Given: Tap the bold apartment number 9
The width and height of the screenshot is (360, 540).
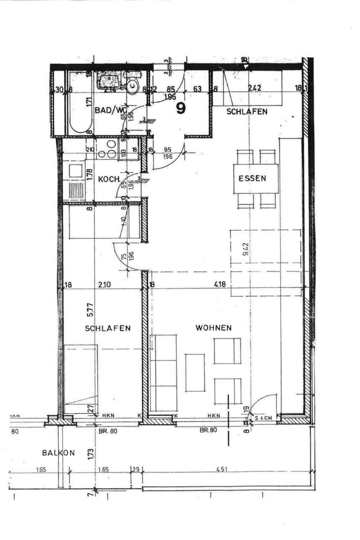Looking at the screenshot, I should tap(181, 109).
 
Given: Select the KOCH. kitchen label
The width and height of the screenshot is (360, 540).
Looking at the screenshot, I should tap(109, 179).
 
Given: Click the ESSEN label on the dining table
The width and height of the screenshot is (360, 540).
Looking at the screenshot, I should tap(252, 178).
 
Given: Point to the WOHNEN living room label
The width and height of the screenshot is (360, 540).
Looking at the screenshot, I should tap(213, 328).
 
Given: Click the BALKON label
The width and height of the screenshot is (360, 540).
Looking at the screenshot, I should tap(58, 453).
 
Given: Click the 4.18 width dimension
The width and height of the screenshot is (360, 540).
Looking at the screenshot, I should tap(220, 284).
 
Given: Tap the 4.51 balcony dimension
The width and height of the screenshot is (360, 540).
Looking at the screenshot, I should tap(222, 469).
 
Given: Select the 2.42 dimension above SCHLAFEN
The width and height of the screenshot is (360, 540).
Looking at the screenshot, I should tap(255, 88).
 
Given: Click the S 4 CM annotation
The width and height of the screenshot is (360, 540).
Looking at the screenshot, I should tap(264, 418).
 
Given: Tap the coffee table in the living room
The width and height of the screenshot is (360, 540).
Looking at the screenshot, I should tap(195, 372).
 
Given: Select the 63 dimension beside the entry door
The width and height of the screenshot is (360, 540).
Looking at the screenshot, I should tap(198, 89).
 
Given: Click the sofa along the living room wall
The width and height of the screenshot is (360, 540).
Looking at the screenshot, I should tap(163, 372).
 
